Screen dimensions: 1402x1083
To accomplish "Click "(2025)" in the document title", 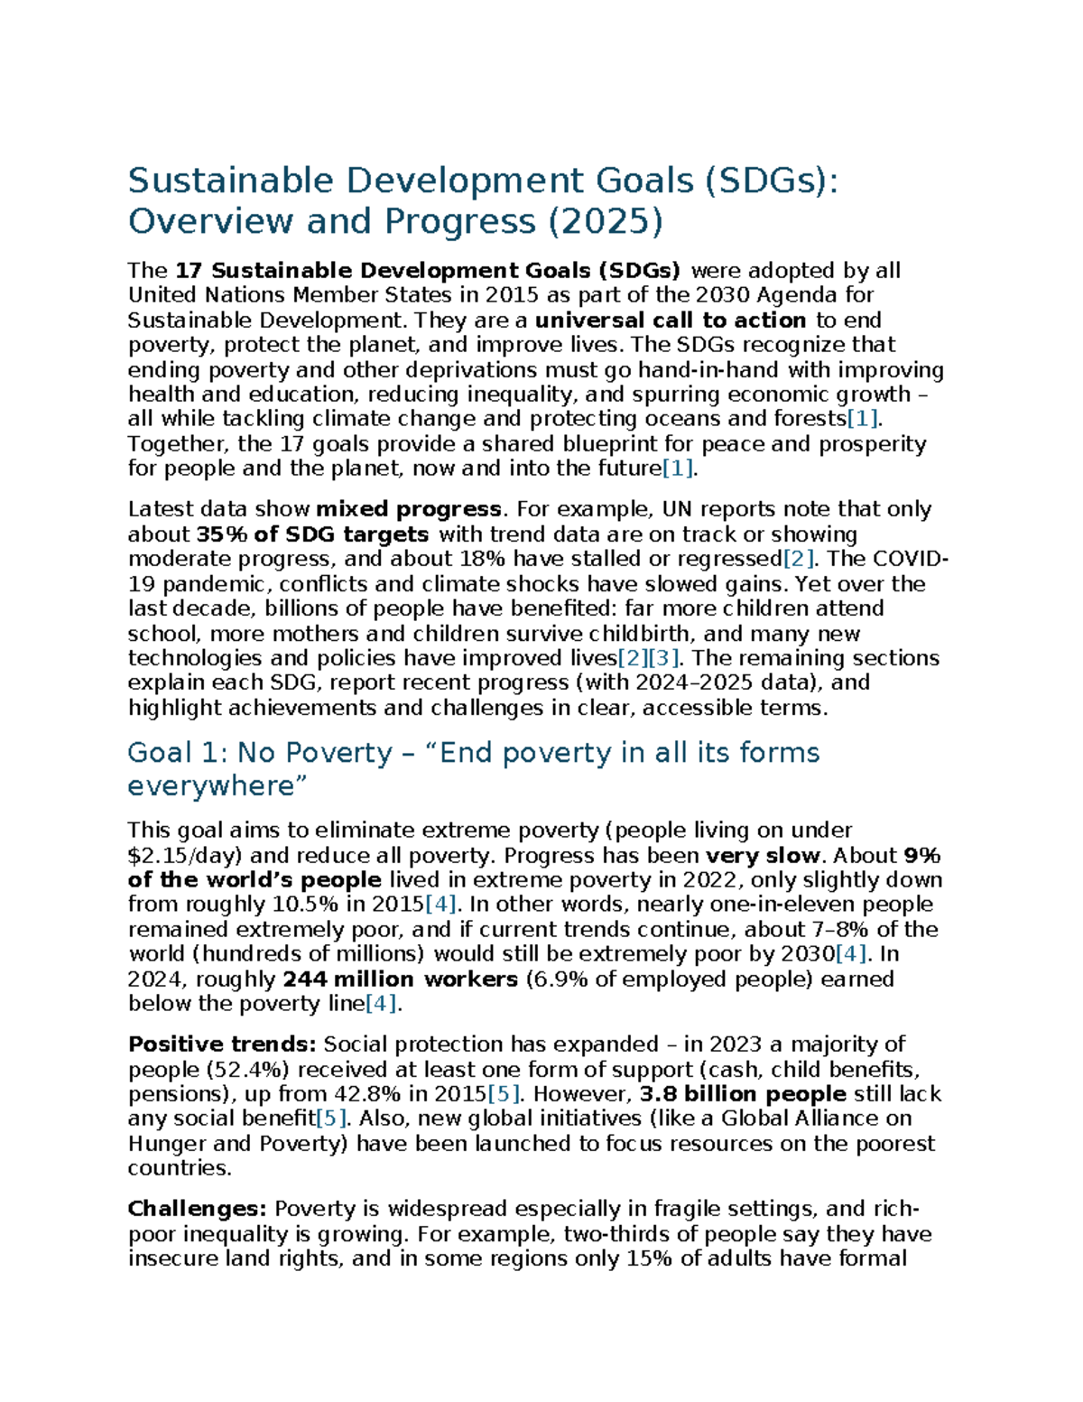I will [605, 221].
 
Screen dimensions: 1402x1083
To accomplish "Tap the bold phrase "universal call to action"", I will [671, 320].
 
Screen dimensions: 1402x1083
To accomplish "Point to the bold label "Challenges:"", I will [198, 1210].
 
